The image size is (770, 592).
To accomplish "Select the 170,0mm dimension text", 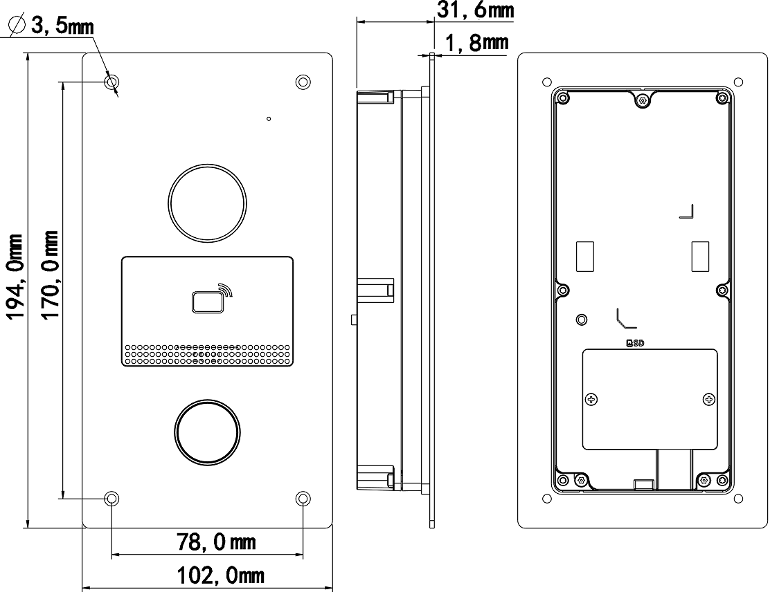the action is [x=50, y=275].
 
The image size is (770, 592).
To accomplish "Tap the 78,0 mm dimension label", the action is [x=215, y=542].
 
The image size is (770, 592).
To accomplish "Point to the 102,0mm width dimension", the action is [x=220, y=575].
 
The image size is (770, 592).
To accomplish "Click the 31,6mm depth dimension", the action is [x=475, y=10].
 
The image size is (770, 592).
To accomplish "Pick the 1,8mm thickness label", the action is [x=476, y=43].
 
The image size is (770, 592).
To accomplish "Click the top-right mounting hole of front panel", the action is [x=303, y=82].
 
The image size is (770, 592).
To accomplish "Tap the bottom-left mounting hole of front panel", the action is [x=112, y=499].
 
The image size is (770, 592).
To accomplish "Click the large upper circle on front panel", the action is [x=207, y=202].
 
